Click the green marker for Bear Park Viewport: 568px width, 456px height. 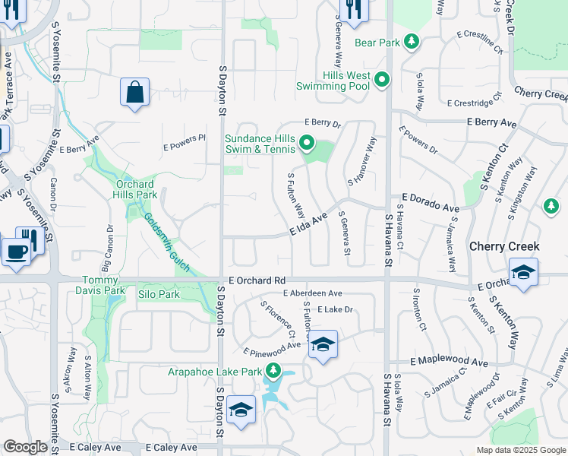(x=411, y=41)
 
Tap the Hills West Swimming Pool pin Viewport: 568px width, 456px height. (x=382, y=79)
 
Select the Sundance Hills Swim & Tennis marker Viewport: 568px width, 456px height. (x=307, y=142)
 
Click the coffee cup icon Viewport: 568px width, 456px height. (x=15, y=251)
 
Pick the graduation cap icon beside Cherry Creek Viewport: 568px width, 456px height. (x=523, y=273)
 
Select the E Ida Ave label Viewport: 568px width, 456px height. (x=308, y=226)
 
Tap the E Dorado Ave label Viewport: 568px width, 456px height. (x=431, y=202)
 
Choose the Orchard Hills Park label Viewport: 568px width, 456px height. (x=136, y=189)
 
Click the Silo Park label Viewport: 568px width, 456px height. (x=159, y=293)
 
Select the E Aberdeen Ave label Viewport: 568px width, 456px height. (x=312, y=293)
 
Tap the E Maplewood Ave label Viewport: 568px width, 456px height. (x=448, y=363)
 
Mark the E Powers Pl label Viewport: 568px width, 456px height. (x=185, y=138)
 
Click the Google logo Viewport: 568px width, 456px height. (x=26, y=447)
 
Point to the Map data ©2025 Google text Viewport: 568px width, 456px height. (x=520, y=450)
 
